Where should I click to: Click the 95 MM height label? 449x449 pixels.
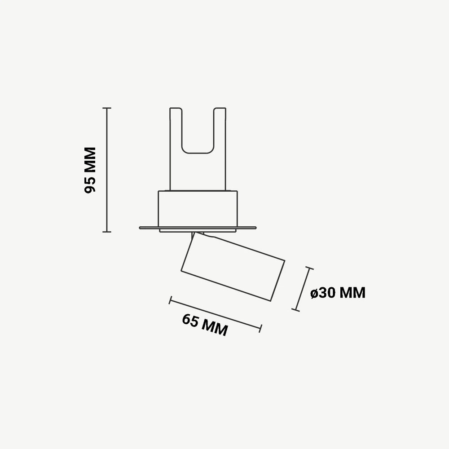[91, 169]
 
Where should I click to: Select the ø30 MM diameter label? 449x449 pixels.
[338, 293]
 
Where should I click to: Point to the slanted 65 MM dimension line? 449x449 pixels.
[216, 314]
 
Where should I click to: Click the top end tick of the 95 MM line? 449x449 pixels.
[106, 108]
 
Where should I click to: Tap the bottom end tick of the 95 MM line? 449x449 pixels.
[106, 232]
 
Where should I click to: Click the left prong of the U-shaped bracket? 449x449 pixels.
[176, 148]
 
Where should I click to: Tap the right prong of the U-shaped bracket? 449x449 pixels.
[220, 148]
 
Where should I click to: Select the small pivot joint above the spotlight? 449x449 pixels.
[198, 234]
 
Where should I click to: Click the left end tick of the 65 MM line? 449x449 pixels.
[170, 300]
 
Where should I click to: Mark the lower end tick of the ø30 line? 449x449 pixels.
[295, 309]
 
